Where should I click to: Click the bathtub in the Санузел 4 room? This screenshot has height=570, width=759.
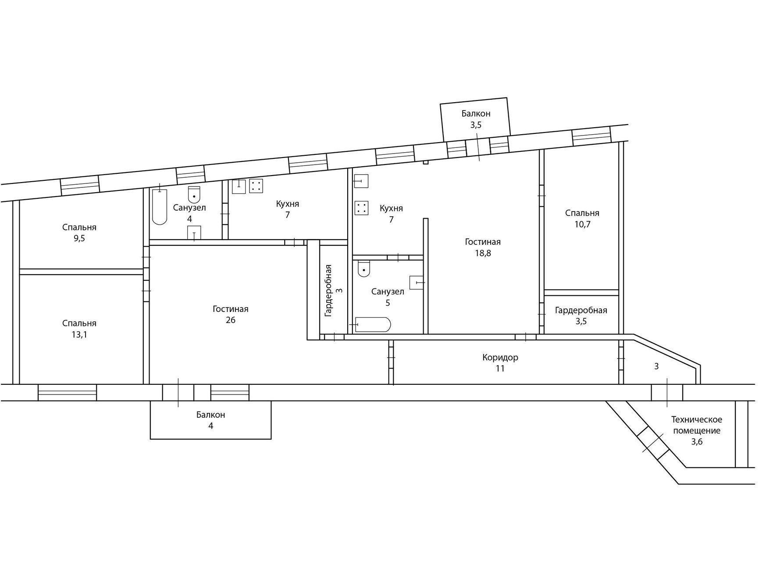(x=160, y=207)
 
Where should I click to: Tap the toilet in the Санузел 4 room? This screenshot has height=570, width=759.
(x=194, y=194)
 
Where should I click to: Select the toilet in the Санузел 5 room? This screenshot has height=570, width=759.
(x=364, y=269)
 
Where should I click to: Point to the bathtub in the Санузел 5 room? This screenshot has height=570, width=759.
(x=373, y=324)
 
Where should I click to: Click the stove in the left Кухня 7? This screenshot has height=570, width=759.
(x=256, y=186)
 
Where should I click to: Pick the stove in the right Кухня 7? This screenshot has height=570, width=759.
(x=361, y=208)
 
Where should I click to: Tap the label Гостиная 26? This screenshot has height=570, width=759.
(x=231, y=315)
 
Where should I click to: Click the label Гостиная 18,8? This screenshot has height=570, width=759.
(x=483, y=247)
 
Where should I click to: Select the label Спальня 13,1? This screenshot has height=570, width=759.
(x=79, y=329)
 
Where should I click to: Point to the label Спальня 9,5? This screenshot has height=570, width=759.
(x=79, y=233)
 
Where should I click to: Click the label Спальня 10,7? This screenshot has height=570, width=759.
(x=582, y=219)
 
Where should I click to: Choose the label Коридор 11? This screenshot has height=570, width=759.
(x=500, y=363)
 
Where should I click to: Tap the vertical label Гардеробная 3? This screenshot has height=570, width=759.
(x=333, y=290)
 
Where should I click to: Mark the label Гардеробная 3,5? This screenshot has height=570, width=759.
(x=581, y=315)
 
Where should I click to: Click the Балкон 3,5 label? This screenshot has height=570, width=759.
(x=476, y=119)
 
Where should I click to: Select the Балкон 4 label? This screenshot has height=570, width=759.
(x=211, y=420)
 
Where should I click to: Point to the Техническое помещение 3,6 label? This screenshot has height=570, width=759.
(x=697, y=430)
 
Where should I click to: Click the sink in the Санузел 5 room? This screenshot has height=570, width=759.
(x=417, y=283)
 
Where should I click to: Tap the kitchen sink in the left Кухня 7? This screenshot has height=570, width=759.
(x=239, y=186)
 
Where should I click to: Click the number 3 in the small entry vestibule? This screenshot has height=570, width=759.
(x=656, y=366)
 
